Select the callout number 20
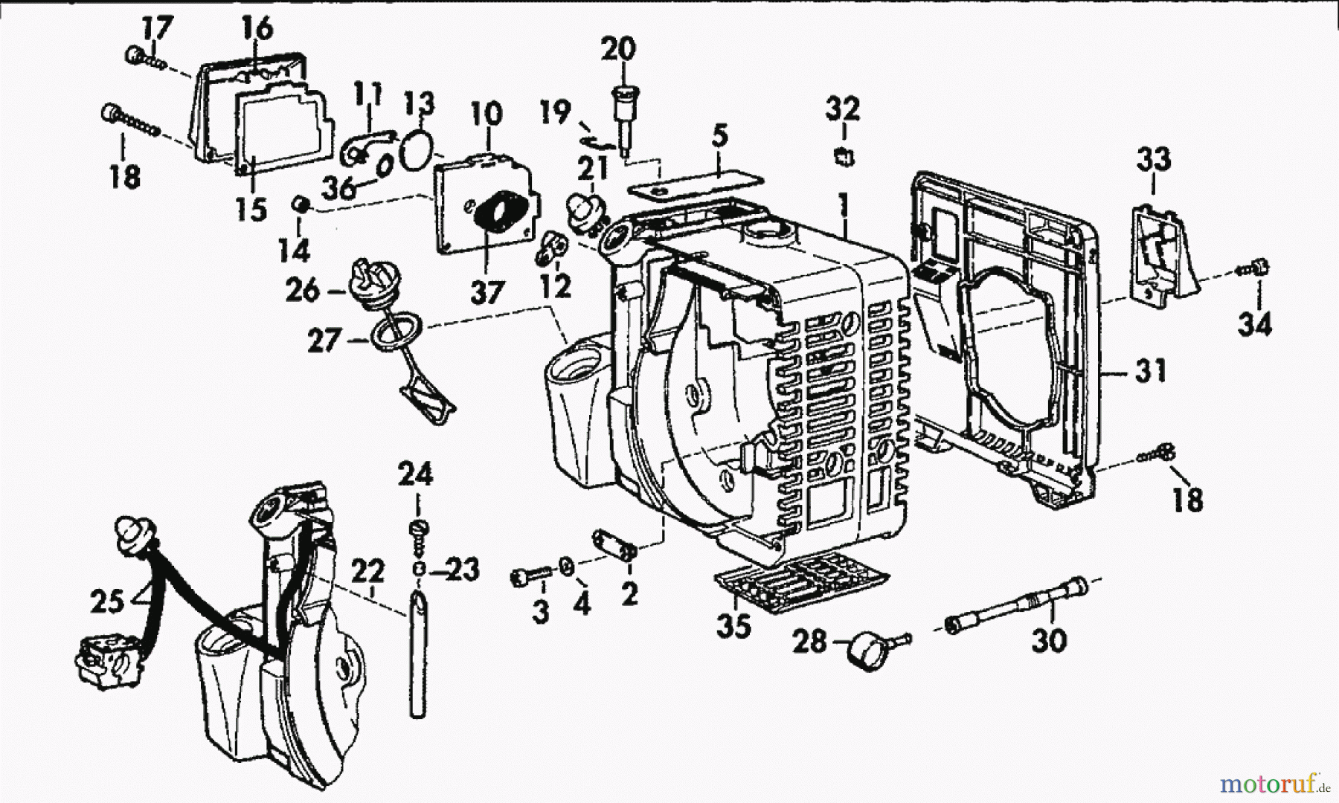pos(619,51)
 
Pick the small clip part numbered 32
pos(844,156)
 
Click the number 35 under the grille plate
pos(733,627)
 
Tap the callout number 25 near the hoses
pos(108,602)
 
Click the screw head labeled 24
pos(418,529)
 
